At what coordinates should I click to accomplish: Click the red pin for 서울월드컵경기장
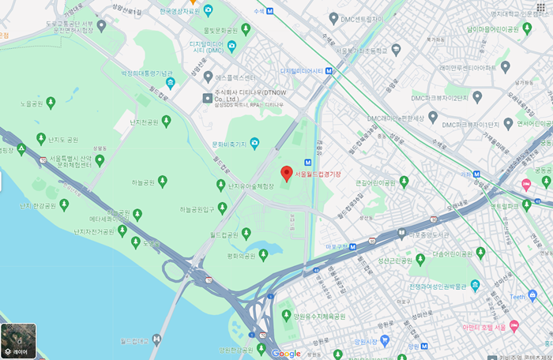286,174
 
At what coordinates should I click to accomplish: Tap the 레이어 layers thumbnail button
18,341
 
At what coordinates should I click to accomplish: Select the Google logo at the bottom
286,353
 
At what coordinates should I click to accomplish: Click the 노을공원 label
31,103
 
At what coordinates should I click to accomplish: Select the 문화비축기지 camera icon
254,144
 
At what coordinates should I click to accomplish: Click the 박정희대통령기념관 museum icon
169,83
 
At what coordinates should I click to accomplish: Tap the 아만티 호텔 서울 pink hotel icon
514,326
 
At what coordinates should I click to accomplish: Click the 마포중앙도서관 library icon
401,234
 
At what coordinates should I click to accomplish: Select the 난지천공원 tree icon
166,121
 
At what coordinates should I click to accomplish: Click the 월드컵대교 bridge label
134,341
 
